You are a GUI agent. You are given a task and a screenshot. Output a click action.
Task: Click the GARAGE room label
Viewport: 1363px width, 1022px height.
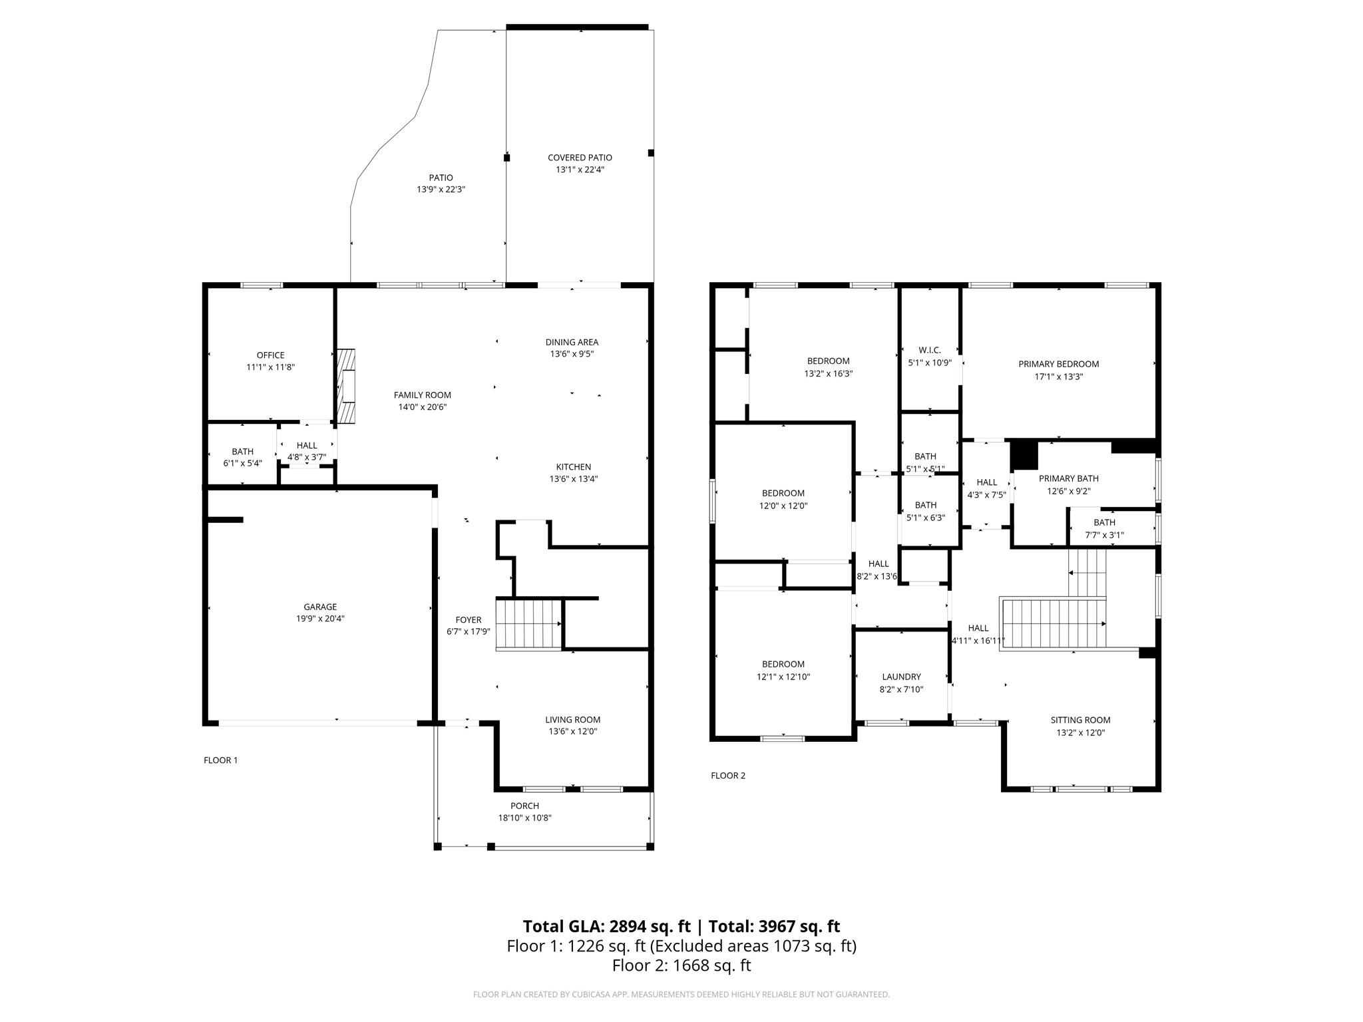[x=320, y=607]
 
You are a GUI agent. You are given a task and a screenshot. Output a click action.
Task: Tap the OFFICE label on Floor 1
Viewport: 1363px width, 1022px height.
[x=270, y=355]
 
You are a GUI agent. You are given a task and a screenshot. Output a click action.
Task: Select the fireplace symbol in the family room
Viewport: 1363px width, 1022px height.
[x=345, y=387]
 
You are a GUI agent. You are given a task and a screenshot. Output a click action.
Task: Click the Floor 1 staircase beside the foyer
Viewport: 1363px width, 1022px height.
[x=529, y=624]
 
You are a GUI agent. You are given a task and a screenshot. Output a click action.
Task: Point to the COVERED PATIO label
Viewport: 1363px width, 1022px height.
[x=580, y=158]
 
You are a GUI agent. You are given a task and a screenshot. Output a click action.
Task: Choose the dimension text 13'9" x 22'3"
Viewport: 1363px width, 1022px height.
[x=441, y=190]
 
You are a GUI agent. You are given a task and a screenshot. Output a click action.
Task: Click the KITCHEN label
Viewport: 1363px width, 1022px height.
[x=574, y=467]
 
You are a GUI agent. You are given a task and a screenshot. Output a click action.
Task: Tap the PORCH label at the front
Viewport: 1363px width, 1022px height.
[x=524, y=806]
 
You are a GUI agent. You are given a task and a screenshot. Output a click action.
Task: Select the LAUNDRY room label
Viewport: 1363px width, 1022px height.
[x=901, y=677]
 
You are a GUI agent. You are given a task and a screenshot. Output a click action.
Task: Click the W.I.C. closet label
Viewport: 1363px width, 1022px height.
[x=930, y=350]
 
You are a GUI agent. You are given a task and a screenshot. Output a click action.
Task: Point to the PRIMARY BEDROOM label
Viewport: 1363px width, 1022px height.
[x=1058, y=364]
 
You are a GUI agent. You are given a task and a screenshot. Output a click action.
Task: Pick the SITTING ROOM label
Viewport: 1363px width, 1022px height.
[x=1080, y=720]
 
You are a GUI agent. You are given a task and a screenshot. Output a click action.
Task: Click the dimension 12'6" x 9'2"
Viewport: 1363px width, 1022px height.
[x=1069, y=492]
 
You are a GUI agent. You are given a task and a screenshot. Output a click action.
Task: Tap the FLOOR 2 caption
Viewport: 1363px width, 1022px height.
[x=728, y=775]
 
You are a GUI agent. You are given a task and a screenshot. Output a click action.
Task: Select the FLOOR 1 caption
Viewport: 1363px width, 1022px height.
[x=220, y=760]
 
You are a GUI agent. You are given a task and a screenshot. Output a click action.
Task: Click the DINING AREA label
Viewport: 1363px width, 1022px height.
[x=572, y=342]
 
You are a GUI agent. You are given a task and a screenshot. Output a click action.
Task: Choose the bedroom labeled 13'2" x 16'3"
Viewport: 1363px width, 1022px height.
[x=828, y=367]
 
